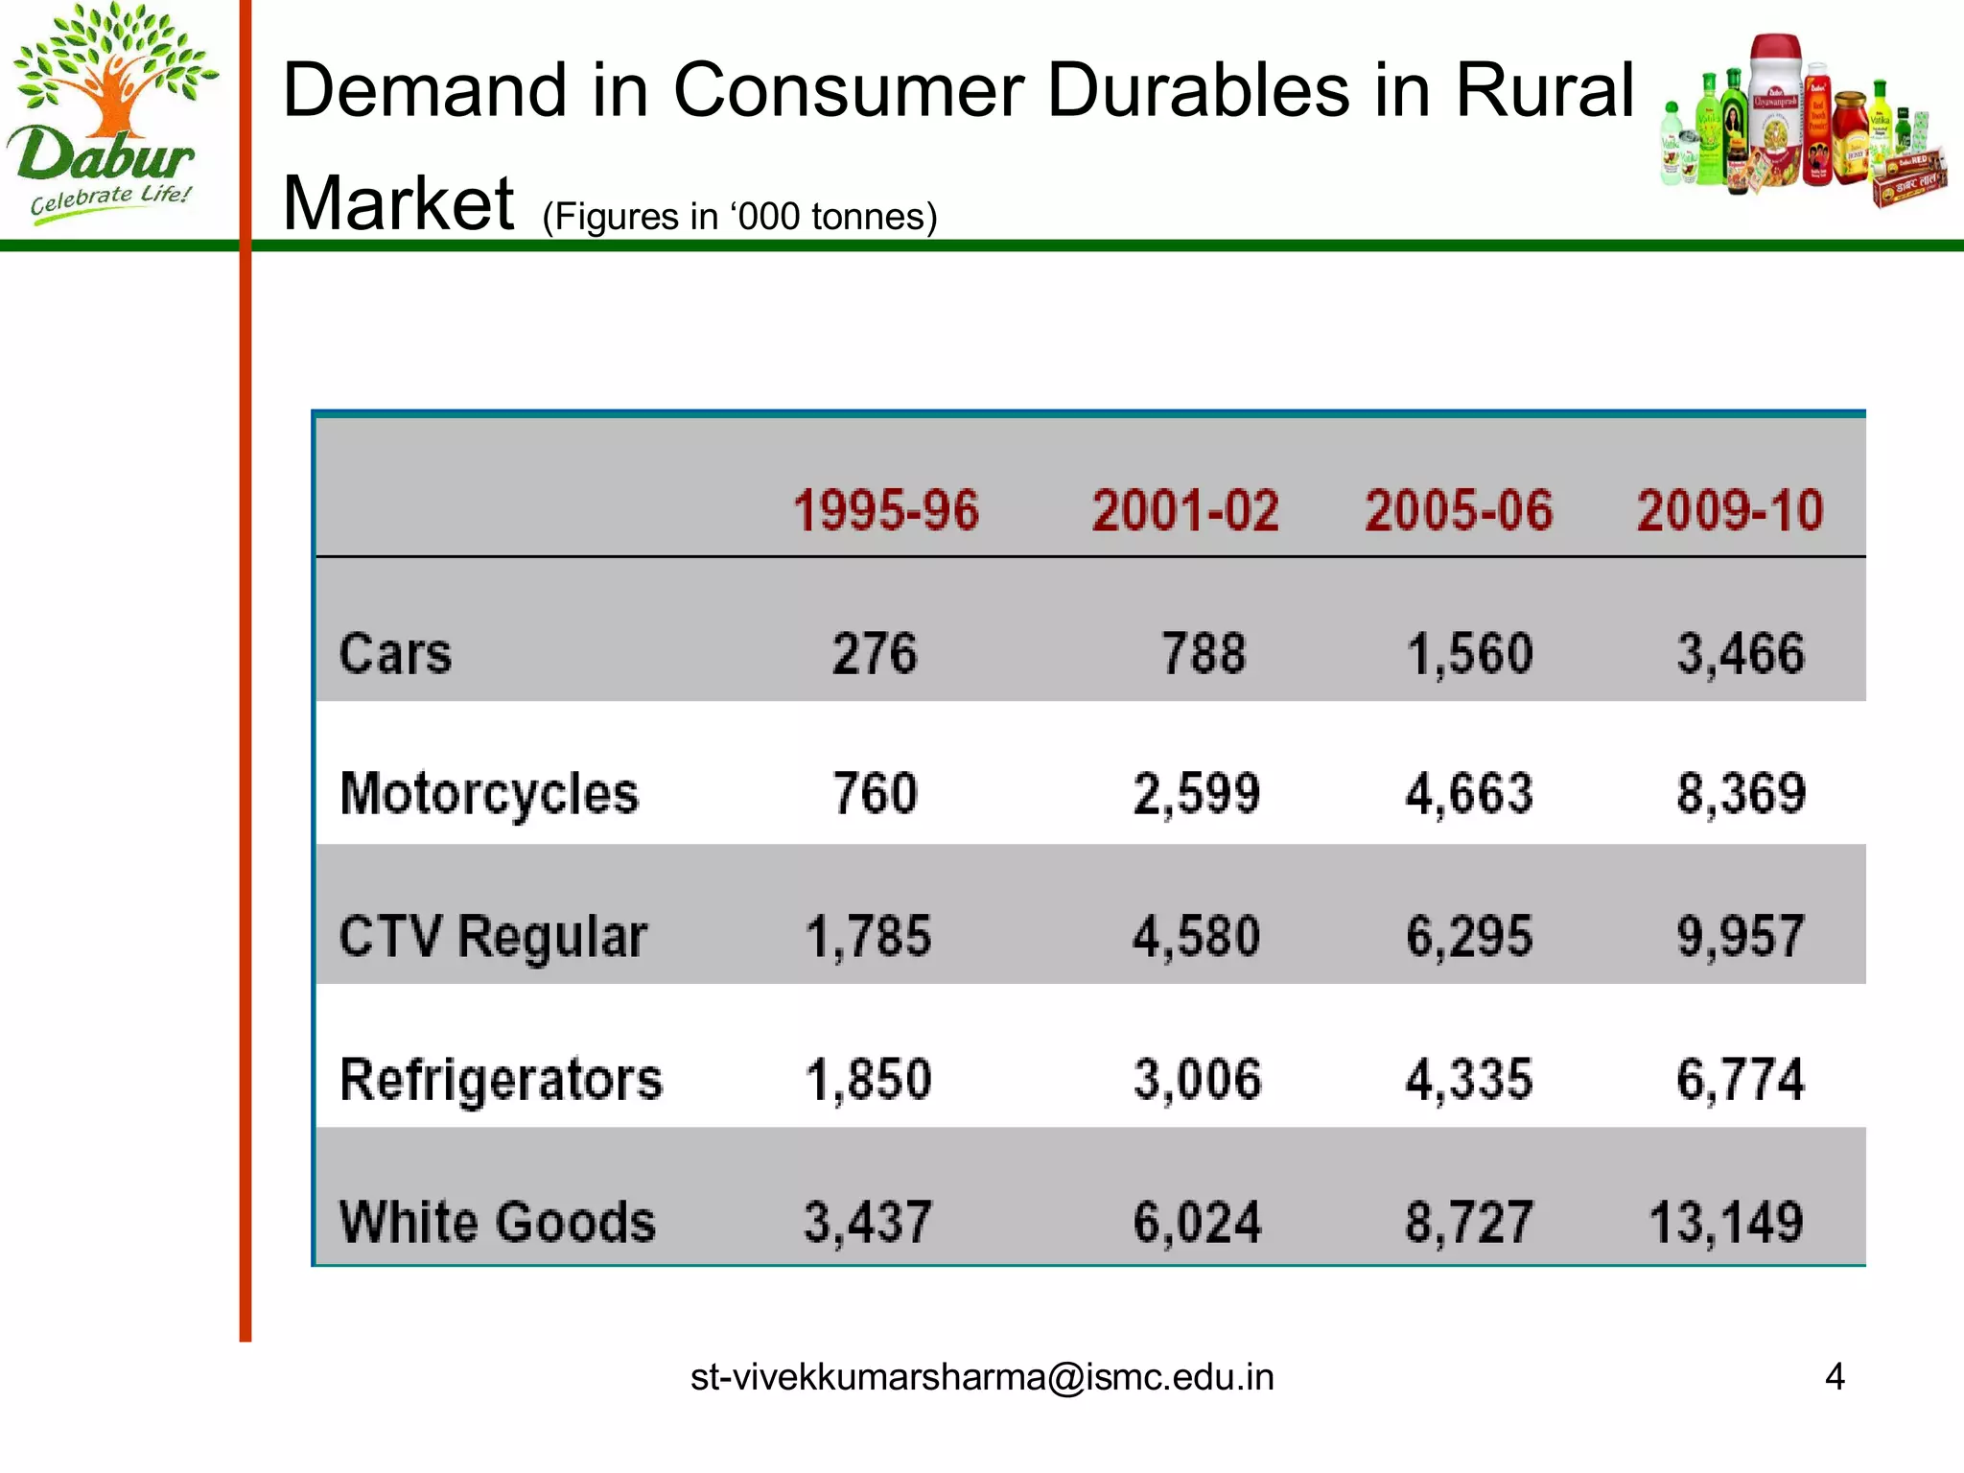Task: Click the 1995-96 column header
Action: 885,510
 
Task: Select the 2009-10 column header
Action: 1729,510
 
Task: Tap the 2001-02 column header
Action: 1185,510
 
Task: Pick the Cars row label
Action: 395,654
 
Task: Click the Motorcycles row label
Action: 489,794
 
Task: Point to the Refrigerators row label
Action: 501,1080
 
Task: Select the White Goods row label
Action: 498,1222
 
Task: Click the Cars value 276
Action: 874,654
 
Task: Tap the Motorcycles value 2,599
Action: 1196,794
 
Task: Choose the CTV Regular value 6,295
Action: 1469,936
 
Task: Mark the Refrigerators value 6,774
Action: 1740,1080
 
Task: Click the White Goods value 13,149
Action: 1726,1222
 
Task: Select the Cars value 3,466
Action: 1740,654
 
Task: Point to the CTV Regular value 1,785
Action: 868,936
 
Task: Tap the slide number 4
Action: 1835,1377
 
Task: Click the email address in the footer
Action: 982,1377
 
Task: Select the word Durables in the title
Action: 1200,90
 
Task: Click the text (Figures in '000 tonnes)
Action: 739,217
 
